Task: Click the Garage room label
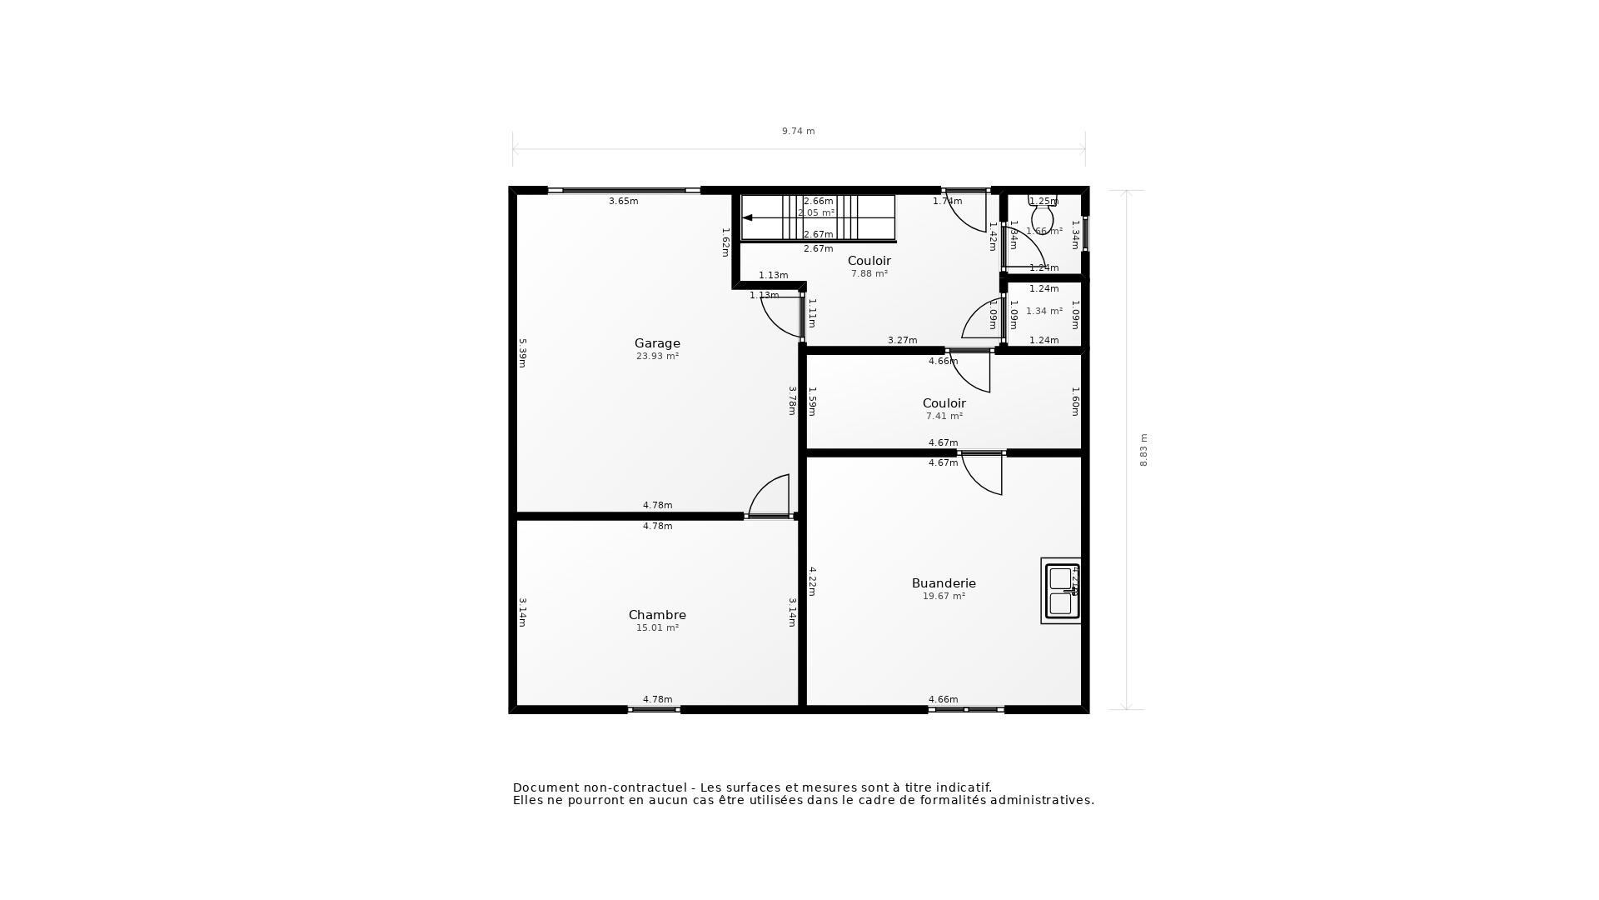point(657,343)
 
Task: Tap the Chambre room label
point(657,615)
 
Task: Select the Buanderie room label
point(944,583)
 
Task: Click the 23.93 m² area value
point(657,356)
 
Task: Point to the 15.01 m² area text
point(657,627)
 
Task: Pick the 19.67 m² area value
point(944,596)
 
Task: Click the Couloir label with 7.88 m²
point(869,261)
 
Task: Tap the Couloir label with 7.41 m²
point(944,403)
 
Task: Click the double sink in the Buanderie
point(1061,591)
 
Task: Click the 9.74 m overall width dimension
point(798,131)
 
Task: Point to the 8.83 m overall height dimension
point(1143,450)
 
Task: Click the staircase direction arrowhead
point(748,217)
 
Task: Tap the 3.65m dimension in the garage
point(623,201)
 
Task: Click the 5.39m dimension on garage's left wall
point(523,352)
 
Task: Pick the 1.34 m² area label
point(1044,311)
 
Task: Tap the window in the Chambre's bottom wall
point(654,709)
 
